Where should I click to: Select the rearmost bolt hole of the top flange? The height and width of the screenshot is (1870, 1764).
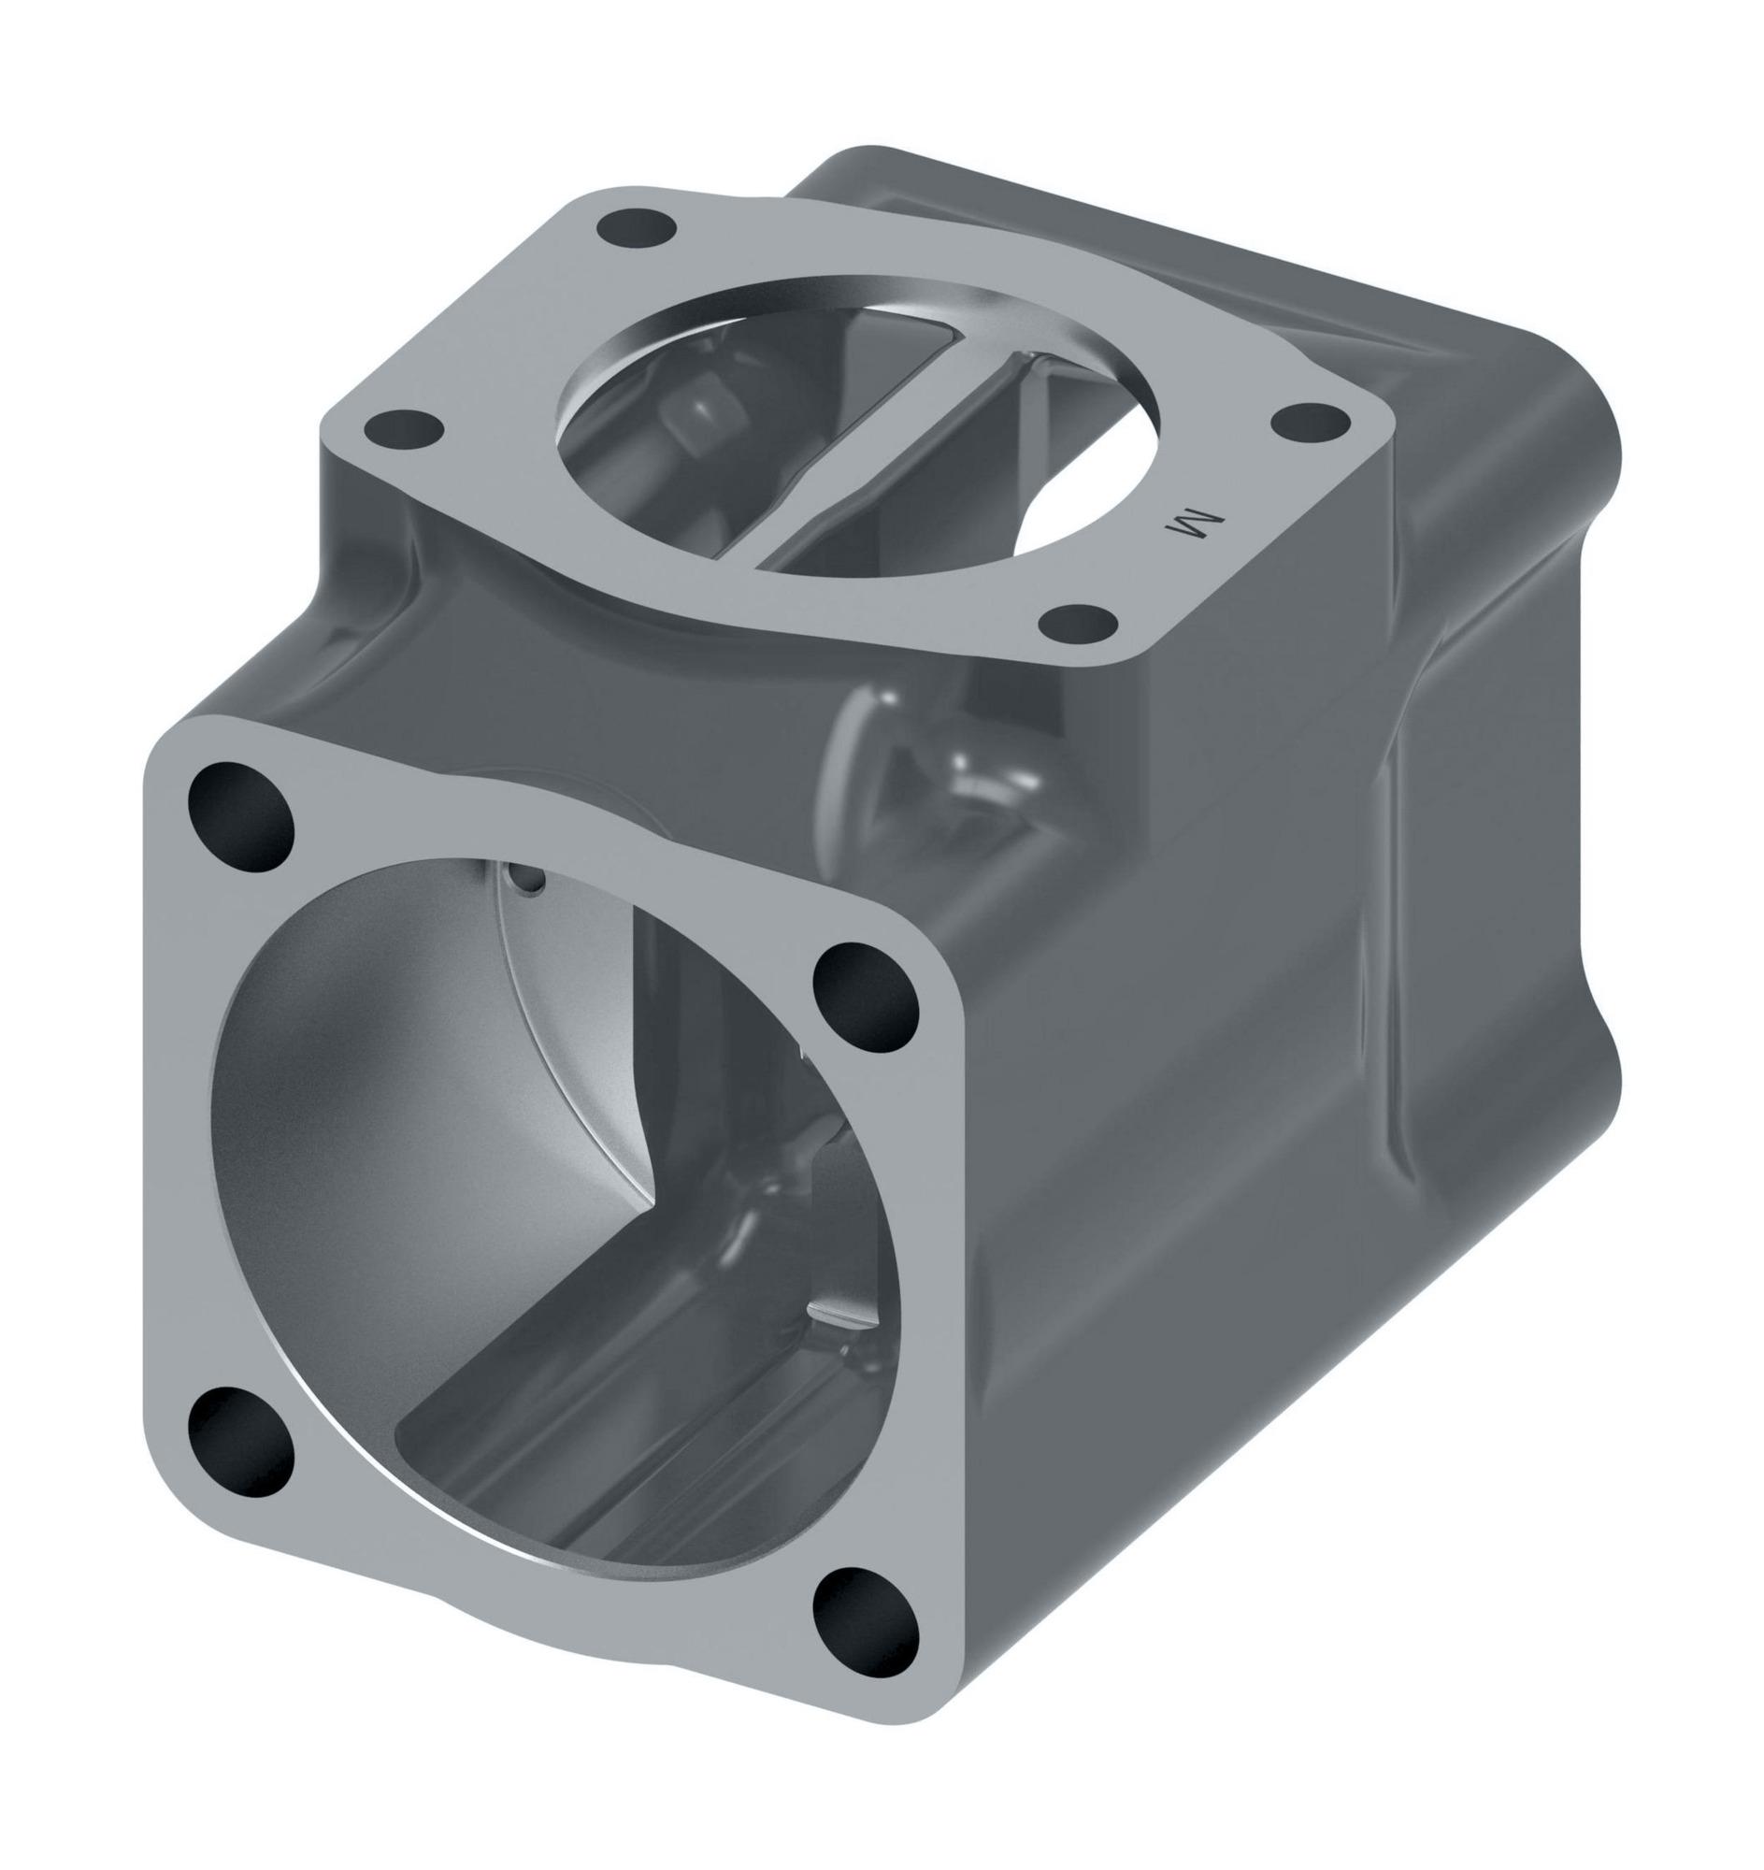[x=636, y=227]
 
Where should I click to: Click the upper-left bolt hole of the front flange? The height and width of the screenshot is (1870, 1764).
[x=241, y=815]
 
